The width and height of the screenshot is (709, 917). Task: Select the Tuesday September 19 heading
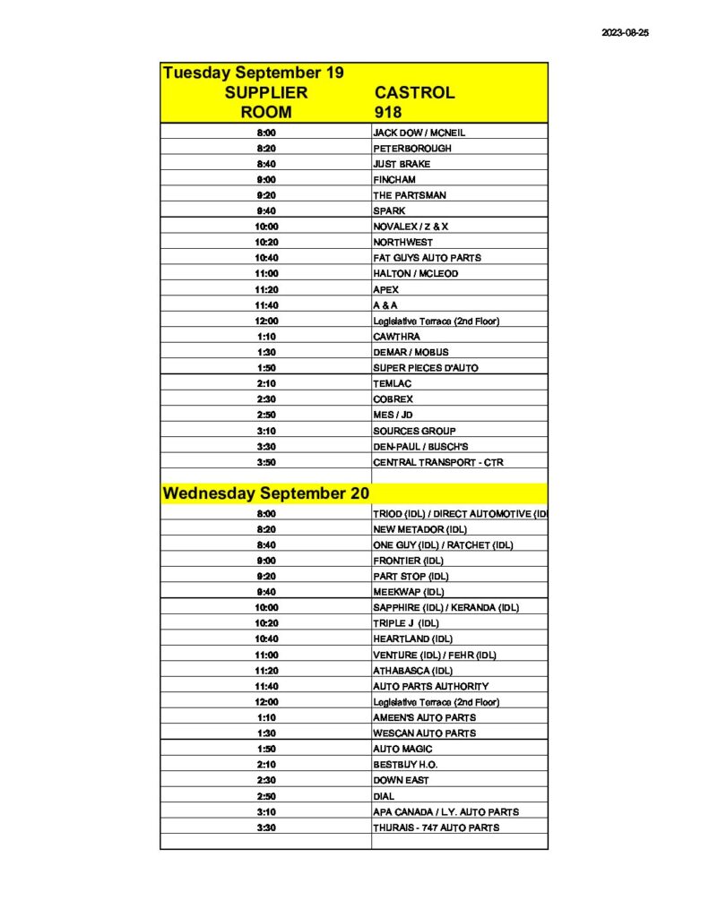coord(253,73)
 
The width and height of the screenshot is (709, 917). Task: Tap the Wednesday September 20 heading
coord(266,493)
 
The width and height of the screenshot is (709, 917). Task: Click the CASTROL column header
coord(414,92)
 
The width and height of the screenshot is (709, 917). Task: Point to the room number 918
coord(388,112)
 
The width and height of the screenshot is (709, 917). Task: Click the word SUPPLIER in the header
coord(266,92)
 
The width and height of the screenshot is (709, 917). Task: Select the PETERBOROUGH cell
coord(412,148)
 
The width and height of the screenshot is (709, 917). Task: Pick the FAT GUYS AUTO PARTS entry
coord(427,258)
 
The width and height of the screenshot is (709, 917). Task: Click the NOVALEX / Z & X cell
coord(411,227)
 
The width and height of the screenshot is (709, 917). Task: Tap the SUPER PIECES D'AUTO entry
coord(426,368)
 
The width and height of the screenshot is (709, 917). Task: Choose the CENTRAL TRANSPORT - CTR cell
coord(433,462)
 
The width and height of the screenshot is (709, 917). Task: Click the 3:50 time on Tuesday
coord(266,462)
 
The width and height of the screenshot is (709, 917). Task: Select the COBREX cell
coord(393,399)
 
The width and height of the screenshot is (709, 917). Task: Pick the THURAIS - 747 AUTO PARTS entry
coord(437,827)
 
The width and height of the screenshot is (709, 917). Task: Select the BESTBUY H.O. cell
coord(405,765)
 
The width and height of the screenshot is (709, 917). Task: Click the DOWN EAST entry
coord(401,780)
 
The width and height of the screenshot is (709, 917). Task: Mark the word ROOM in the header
coord(266,112)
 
